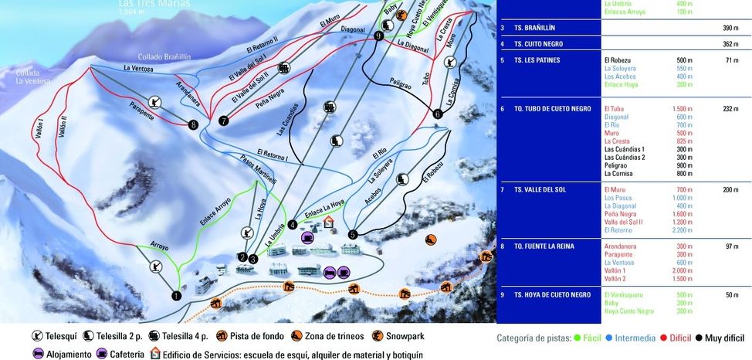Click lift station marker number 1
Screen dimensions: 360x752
click(176, 295)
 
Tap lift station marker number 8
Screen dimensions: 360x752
click(192, 124)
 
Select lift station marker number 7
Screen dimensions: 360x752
click(223, 121)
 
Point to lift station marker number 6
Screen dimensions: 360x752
click(438, 114)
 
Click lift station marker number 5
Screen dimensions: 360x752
click(352, 234)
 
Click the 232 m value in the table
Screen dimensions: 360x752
click(731, 109)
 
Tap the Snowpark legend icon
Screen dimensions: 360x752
click(378, 337)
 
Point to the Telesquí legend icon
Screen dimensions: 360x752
click(38, 337)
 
